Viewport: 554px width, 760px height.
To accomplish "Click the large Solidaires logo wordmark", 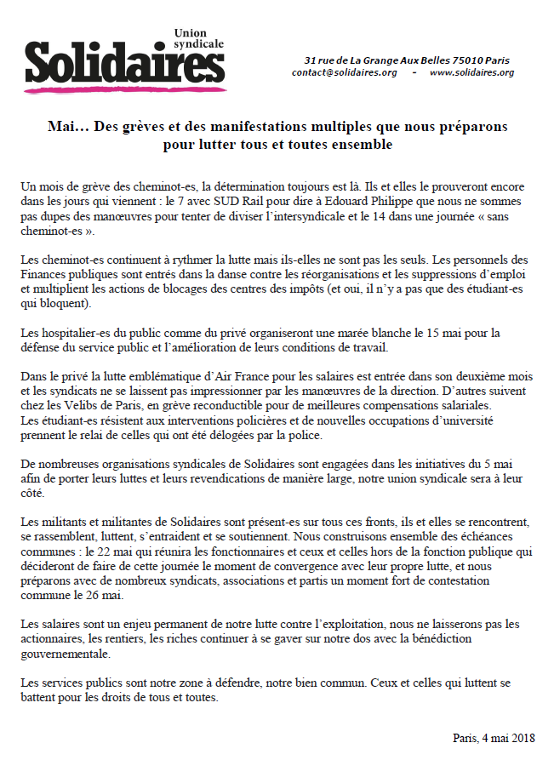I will click(124, 61).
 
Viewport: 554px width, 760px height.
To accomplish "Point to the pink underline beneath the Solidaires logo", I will click(124, 88).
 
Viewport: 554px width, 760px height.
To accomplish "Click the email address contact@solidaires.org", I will click(344, 72).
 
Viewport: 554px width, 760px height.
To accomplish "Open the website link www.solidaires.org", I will click(471, 72).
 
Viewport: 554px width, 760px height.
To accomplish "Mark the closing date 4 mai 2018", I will click(498, 738).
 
